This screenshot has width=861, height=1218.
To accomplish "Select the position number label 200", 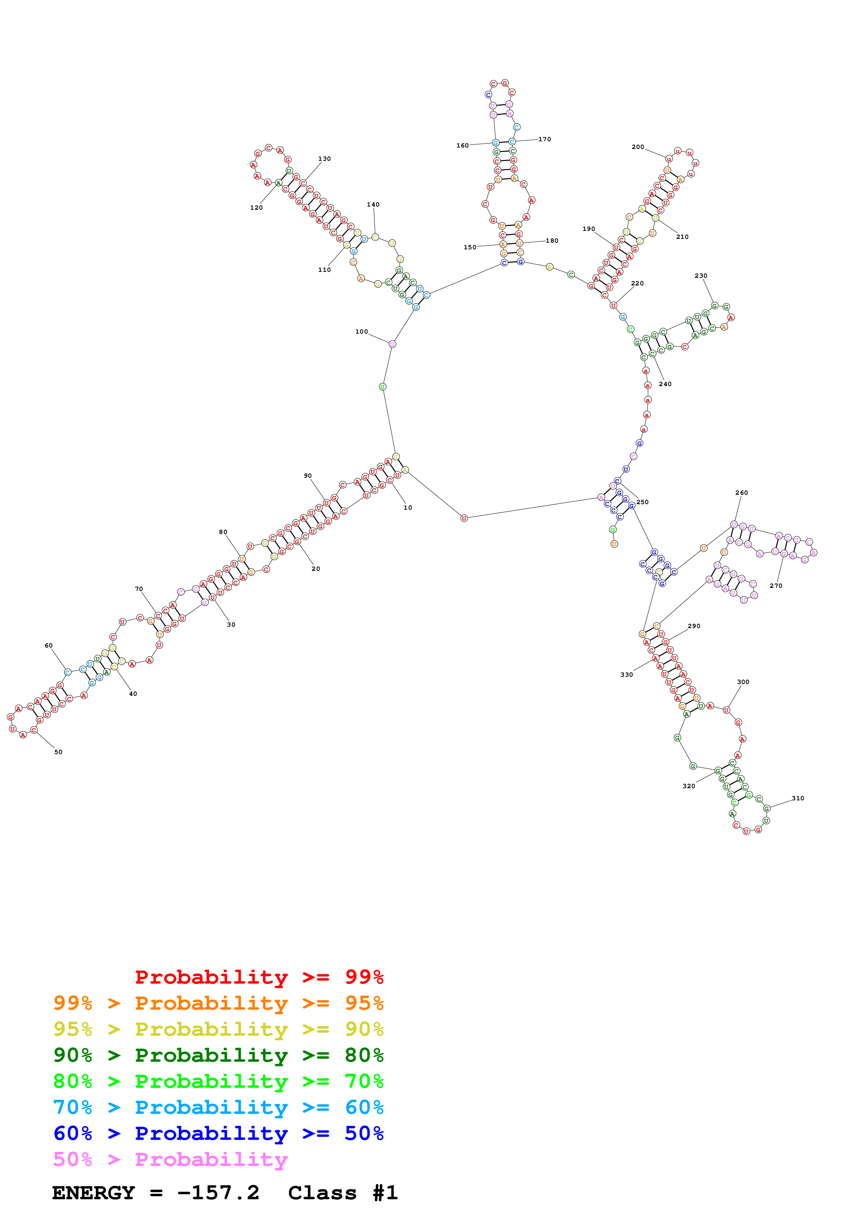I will [x=638, y=147].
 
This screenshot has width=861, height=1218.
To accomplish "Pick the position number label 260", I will [x=741, y=493].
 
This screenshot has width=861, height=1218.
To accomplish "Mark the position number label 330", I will [x=627, y=675].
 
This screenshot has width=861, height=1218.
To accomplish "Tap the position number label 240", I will [x=665, y=384].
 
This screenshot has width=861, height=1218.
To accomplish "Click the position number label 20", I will [x=316, y=569].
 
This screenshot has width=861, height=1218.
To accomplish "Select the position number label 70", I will [x=139, y=589].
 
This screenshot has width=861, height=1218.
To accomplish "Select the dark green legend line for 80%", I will [x=218, y=1055].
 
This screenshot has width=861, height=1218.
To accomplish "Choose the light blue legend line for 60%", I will [x=218, y=1107].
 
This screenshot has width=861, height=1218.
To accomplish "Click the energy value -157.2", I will [x=218, y=1193].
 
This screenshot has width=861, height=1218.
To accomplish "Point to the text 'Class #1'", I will [x=343, y=1193].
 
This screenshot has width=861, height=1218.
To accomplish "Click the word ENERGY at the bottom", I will [x=93, y=1193].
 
